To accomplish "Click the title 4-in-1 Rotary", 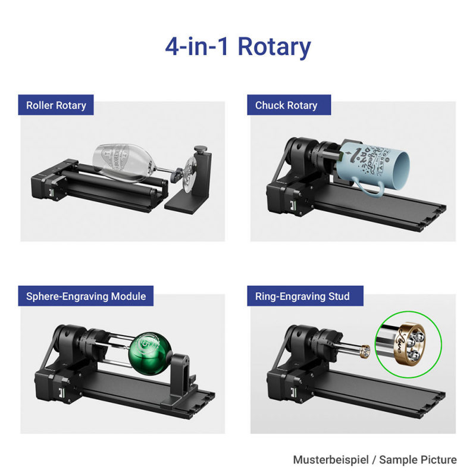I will pos(238,47).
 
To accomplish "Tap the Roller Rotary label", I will pos(56,105).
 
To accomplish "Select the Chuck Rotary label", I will pos(286,105).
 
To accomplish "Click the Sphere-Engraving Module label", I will pos(86,295).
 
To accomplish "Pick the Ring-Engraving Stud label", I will pos(302,295).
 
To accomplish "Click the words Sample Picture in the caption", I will pos(419,459).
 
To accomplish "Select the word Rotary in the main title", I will pos(274,47).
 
